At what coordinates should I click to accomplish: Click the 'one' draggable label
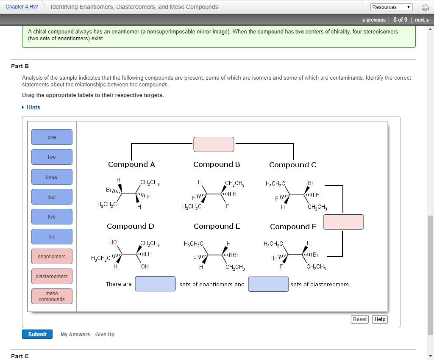(52, 137)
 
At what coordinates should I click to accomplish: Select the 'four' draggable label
(52, 197)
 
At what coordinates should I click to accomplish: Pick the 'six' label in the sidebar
(52, 237)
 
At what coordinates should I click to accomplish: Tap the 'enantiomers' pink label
(52, 257)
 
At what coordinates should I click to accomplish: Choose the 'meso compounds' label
(52, 296)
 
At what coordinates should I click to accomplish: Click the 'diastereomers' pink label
(52, 277)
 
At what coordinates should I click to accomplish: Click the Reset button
(360, 319)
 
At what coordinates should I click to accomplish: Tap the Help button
(380, 319)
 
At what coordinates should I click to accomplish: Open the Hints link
(33, 108)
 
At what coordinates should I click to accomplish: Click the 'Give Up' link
(105, 335)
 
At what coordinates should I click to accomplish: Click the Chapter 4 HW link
(22, 7)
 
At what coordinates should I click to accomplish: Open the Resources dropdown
(391, 7)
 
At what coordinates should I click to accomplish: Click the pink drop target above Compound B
(214, 144)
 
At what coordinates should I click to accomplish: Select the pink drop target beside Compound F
(343, 222)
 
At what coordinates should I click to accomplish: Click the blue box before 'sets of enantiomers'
(155, 284)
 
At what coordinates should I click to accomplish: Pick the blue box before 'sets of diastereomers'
(268, 284)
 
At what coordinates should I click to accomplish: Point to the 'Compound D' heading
(131, 226)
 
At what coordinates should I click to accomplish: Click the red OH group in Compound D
(145, 266)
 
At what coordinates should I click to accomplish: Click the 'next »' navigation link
(422, 20)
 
